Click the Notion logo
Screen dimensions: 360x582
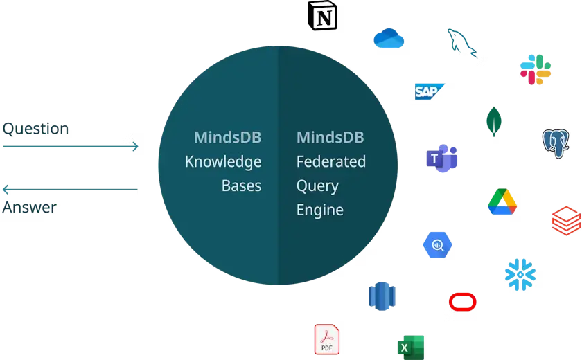click(324, 17)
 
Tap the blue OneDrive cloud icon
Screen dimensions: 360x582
click(389, 38)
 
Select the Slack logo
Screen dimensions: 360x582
click(534, 69)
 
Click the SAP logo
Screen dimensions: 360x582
click(428, 91)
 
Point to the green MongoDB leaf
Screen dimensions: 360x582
click(493, 121)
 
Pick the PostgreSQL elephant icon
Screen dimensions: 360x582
click(556, 142)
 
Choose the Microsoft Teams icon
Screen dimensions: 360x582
click(441, 160)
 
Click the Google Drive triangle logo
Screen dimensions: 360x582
click(504, 200)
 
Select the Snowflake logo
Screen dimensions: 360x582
click(520, 273)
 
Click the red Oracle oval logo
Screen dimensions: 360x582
click(462, 302)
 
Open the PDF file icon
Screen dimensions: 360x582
click(328, 339)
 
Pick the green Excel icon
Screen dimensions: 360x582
click(407, 345)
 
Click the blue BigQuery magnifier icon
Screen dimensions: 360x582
click(438, 244)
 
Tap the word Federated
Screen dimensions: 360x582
click(330, 161)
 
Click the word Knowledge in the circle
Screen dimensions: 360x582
click(222, 161)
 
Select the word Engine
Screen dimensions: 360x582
click(319, 209)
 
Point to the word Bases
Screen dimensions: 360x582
click(241, 186)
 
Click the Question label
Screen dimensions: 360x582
click(36, 129)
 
